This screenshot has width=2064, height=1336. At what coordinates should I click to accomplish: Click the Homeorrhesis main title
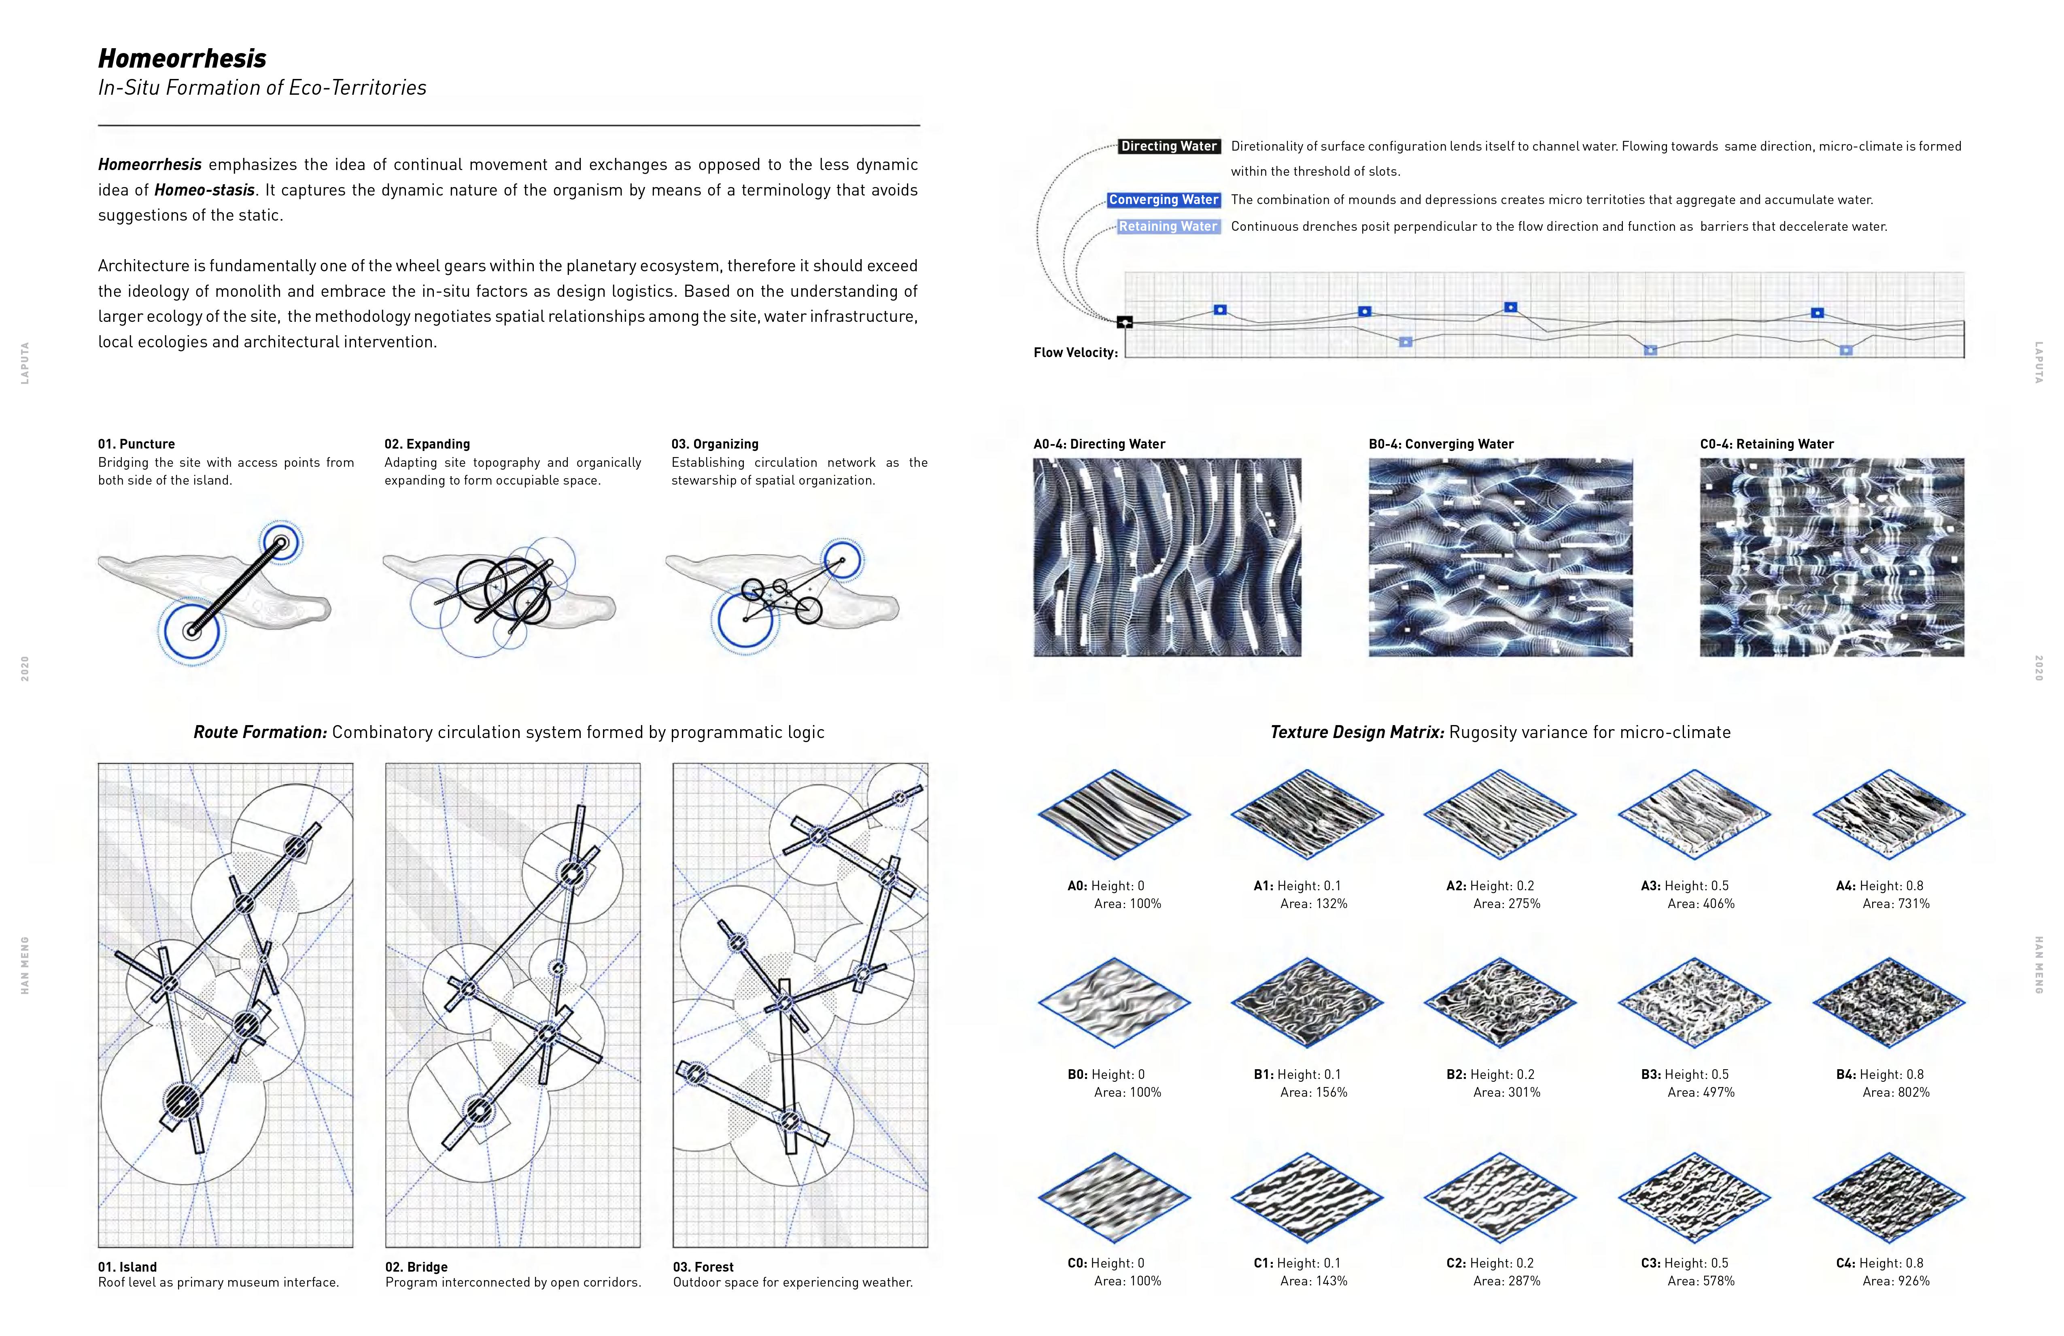pos(182,58)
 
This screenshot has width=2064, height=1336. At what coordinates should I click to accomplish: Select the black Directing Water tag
pos(1168,147)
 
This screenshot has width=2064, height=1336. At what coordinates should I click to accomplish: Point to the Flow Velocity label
pos(1074,352)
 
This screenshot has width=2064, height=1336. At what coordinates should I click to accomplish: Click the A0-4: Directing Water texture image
pos(1167,557)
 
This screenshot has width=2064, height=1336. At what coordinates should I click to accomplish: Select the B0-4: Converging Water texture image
pos(1500,557)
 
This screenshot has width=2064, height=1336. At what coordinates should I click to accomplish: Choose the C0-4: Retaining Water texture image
pos(1832,557)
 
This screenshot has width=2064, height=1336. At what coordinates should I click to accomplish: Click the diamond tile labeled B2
pos(1499,1002)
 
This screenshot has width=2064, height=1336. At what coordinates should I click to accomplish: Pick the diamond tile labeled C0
pos(1115,1197)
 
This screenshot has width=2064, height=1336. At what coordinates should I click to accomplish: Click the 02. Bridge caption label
pos(416,1267)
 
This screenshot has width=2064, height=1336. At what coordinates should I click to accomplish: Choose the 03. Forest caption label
pos(703,1267)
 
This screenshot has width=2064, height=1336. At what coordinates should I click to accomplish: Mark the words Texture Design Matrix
pos(1356,732)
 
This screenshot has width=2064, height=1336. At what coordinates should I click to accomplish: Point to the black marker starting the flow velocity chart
pos(1125,323)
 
